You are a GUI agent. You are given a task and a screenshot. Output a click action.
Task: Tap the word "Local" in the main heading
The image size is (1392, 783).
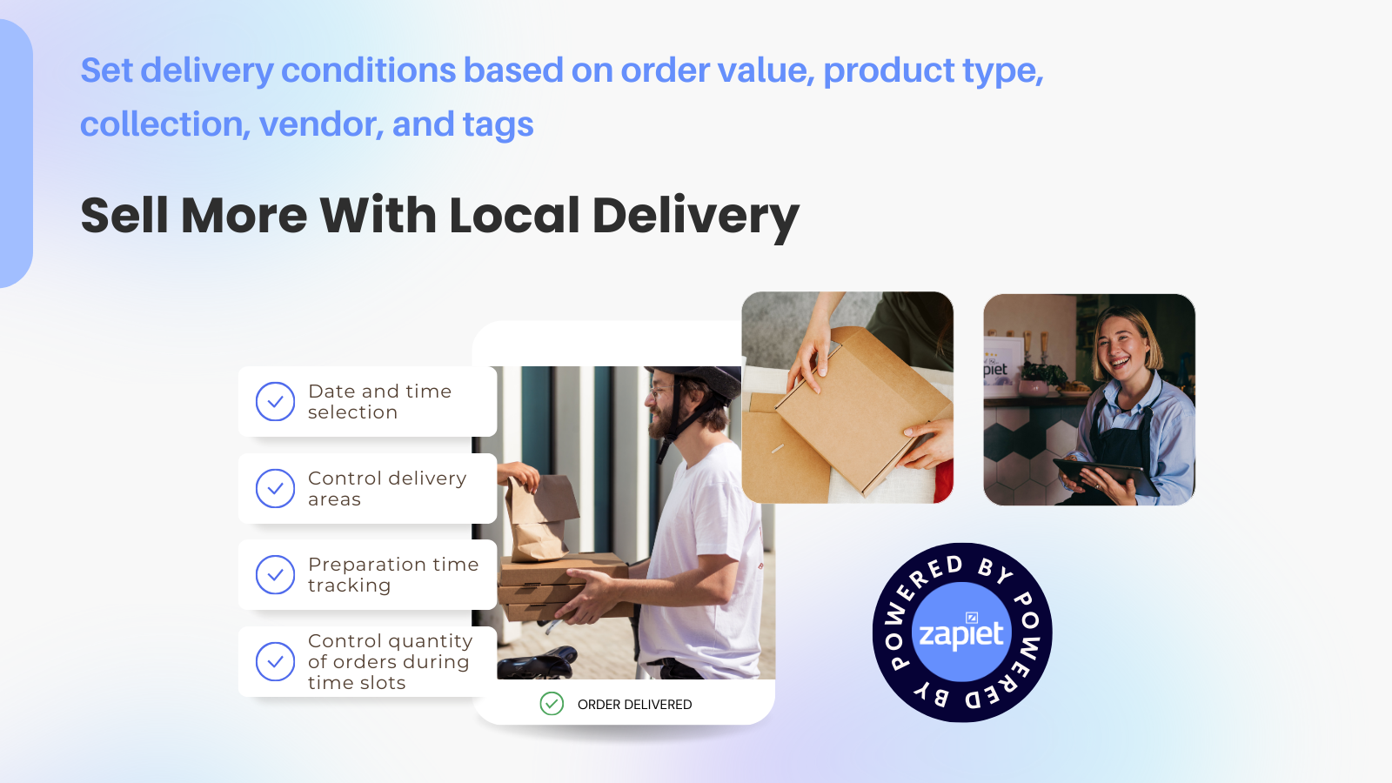(514, 215)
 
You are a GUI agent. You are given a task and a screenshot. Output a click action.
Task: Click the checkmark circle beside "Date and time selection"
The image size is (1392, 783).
(275, 402)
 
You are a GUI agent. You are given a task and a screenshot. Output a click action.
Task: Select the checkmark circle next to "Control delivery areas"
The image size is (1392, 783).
(275, 489)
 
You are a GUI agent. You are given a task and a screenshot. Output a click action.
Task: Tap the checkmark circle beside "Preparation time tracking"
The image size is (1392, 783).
(275, 575)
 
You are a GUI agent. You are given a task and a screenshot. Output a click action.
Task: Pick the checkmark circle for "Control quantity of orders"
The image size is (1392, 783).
(275, 661)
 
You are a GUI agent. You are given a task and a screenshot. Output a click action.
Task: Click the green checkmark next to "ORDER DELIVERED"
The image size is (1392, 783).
(552, 704)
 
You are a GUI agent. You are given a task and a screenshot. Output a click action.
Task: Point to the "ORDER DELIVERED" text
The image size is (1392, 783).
(634, 705)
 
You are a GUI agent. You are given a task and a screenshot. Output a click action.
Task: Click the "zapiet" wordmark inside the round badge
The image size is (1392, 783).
(961, 634)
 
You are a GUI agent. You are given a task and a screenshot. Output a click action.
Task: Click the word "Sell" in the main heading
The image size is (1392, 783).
(124, 215)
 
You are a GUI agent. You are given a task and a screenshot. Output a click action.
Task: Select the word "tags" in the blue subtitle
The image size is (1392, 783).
(498, 124)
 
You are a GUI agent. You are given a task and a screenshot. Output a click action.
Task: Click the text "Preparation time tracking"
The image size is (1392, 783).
(392, 575)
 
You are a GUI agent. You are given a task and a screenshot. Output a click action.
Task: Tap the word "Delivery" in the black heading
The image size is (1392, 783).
(695, 215)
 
